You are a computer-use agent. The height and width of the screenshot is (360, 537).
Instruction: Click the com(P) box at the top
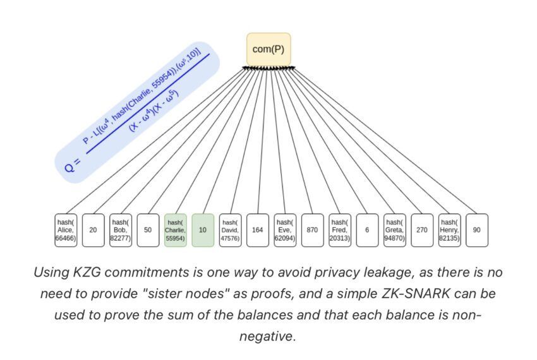tap(268, 49)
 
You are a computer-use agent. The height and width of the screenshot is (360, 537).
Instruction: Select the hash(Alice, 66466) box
tap(66, 231)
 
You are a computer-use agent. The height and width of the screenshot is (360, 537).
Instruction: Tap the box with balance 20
tap(93, 231)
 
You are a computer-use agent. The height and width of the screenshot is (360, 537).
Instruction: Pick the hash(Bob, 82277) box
tap(120, 231)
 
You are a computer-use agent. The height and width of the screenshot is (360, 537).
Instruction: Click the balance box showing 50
tap(148, 231)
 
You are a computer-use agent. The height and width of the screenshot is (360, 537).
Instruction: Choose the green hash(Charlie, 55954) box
tap(175, 231)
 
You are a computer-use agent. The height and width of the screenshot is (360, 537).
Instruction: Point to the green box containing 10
tap(203, 231)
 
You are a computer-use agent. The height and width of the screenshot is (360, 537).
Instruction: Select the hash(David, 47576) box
tap(230, 231)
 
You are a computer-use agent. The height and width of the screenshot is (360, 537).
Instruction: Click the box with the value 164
tap(257, 231)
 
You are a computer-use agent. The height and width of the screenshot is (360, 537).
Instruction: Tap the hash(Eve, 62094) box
tap(285, 231)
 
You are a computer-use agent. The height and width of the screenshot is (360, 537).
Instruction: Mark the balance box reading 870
tap(312, 231)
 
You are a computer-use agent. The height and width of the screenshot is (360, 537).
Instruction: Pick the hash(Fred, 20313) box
tap(340, 231)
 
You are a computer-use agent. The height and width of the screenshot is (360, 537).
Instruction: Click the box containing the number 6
tap(367, 231)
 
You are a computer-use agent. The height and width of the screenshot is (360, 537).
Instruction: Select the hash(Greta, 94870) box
tap(394, 231)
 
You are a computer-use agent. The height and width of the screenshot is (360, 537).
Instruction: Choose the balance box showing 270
tap(422, 231)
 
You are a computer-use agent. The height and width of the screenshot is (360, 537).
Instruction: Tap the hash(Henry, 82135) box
tap(449, 231)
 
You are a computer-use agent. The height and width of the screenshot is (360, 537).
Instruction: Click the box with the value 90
tap(476, 231)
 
